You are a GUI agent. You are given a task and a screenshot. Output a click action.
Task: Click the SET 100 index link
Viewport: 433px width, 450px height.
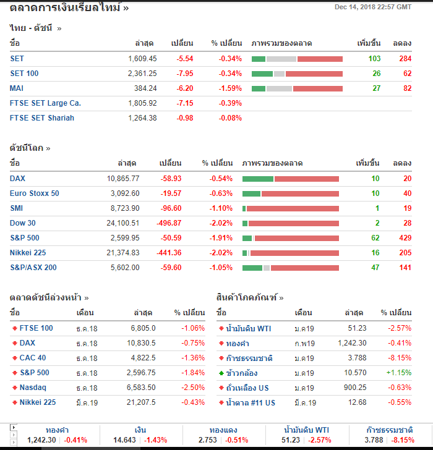pos(24,74)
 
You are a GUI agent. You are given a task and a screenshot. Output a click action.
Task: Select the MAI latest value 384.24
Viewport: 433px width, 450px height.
pos(145,88)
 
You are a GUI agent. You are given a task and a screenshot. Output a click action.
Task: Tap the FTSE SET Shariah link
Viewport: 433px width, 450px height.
pos(42,118)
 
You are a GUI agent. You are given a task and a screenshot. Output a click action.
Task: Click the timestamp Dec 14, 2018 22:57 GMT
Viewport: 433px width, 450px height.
pos(372,7)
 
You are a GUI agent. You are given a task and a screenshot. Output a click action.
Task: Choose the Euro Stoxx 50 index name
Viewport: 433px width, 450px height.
pos(35,193)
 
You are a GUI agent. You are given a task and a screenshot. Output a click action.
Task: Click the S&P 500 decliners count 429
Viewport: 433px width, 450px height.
pos(405,238)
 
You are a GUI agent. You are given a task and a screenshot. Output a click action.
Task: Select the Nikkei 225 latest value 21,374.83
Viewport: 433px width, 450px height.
pos(123,253)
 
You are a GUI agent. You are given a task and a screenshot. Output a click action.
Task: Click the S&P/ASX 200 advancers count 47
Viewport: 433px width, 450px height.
pos(375,268)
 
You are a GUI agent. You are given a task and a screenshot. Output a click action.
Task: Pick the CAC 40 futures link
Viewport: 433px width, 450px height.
pos(33,358)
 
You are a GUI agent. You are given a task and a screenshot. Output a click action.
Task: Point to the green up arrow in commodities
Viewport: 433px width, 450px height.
pos(221,373)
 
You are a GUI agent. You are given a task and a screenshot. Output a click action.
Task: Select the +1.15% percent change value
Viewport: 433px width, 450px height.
pos(399,373)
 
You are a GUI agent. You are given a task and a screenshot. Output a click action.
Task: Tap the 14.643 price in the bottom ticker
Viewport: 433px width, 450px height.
pos(124,440)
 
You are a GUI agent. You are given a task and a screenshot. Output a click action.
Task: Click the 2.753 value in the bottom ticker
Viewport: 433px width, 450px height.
pos(208,440)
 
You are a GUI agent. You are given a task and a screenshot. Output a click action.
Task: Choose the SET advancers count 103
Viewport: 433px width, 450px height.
pos(374,59)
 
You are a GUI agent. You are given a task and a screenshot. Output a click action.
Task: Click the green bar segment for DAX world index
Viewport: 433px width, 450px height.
pos(257,179)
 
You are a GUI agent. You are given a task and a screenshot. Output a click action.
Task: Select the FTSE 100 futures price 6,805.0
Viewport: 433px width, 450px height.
pos(143,328)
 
